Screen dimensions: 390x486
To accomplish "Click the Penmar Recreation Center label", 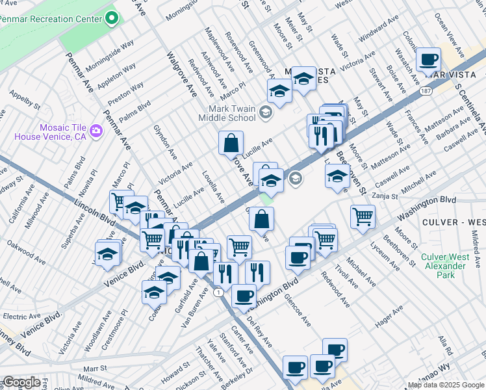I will click(51, 19).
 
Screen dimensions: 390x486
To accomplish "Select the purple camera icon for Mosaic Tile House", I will click(97, 132).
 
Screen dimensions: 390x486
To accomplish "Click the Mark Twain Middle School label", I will click(231, 113).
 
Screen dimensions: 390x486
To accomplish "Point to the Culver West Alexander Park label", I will click(446, 266).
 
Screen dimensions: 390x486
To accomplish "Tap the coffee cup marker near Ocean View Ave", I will click(428, 60).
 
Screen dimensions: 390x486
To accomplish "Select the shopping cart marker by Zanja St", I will click(363, 216).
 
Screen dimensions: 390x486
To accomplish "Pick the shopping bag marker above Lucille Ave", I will click(231, 142).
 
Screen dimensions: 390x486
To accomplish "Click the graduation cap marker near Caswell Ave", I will click(337, 175).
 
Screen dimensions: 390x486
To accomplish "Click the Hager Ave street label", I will click(390, 316).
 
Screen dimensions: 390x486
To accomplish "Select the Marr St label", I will click(95, 368).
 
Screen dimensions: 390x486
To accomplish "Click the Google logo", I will click(21, 382).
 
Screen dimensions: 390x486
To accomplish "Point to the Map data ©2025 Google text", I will click(446, 385).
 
